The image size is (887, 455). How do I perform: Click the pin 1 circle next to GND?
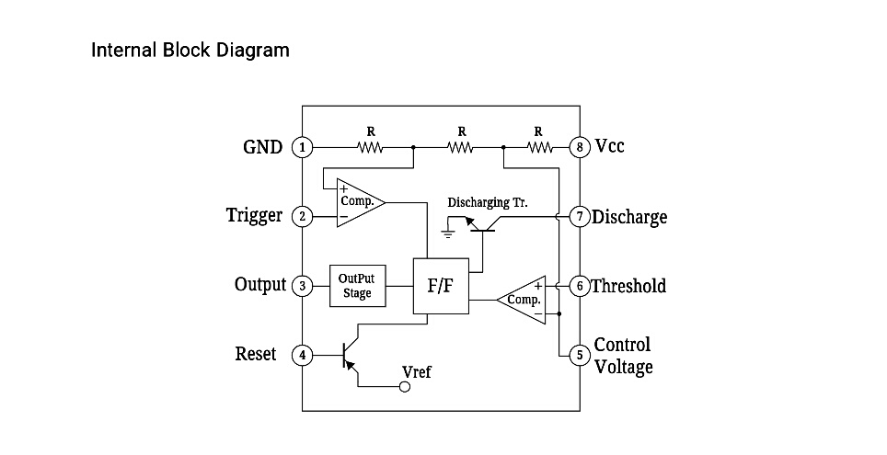click(302, 147)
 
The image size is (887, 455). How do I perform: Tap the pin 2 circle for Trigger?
click(302, 217)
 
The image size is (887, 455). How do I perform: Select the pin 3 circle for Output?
click(302, 286)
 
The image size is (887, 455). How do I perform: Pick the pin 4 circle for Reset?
click(302, 355)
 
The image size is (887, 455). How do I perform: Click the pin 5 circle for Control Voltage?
click(579, 355)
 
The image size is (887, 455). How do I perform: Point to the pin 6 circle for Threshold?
click(579, 286)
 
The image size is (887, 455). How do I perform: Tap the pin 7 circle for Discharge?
click(579, 217)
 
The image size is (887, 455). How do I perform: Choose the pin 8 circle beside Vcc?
click(579, 147)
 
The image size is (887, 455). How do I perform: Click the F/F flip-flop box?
click(441, 286)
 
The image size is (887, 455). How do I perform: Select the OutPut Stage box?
click(357, 286)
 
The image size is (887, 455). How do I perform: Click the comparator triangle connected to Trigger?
click(357, 200)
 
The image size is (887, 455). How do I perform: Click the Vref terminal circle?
click(404, 388)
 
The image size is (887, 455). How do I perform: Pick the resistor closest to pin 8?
click(539, 147)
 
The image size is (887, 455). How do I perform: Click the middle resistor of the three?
click(461, 147)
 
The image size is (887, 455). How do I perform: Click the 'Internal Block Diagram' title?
click(190, 50)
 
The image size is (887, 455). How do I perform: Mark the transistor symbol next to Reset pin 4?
click(349, 356)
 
